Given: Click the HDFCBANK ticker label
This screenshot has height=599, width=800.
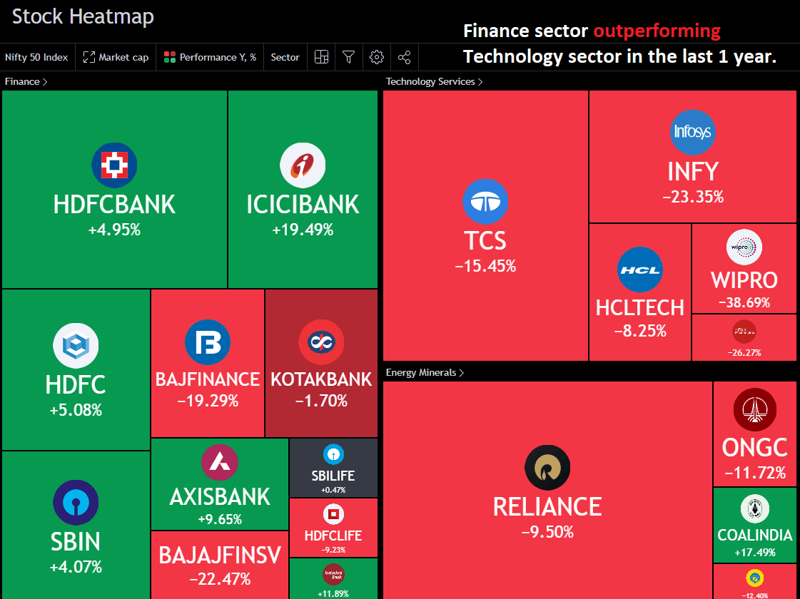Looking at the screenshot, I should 114,204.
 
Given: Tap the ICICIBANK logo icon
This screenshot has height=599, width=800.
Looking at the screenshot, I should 303,165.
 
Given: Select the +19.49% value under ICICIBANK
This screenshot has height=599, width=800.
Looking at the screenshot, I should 303,230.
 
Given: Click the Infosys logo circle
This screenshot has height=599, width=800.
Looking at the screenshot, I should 693,132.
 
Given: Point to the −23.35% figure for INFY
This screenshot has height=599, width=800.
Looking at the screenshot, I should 693,197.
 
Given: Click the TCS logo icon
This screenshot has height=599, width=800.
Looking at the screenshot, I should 485,202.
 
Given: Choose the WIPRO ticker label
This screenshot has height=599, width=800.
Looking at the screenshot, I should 744,280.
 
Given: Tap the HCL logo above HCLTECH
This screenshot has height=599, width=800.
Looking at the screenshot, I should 640,270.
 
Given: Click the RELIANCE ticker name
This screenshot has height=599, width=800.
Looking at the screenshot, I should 547,506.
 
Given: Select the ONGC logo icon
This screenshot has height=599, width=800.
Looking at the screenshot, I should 754,409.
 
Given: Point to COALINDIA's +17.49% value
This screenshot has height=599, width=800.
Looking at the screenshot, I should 754,553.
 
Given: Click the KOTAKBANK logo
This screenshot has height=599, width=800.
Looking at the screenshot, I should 321,342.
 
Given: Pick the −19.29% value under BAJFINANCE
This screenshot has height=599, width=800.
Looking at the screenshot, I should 208,401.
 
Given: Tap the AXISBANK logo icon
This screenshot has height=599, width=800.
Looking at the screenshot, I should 220,462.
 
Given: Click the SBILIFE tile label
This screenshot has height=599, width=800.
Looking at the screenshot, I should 333,476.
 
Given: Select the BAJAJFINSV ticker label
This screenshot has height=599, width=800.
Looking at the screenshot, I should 220,555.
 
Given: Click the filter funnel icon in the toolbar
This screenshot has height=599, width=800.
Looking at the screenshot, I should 348,57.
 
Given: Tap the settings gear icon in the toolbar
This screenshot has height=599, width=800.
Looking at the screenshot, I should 377,57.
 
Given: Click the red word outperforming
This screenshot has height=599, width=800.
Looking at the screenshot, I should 657,31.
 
